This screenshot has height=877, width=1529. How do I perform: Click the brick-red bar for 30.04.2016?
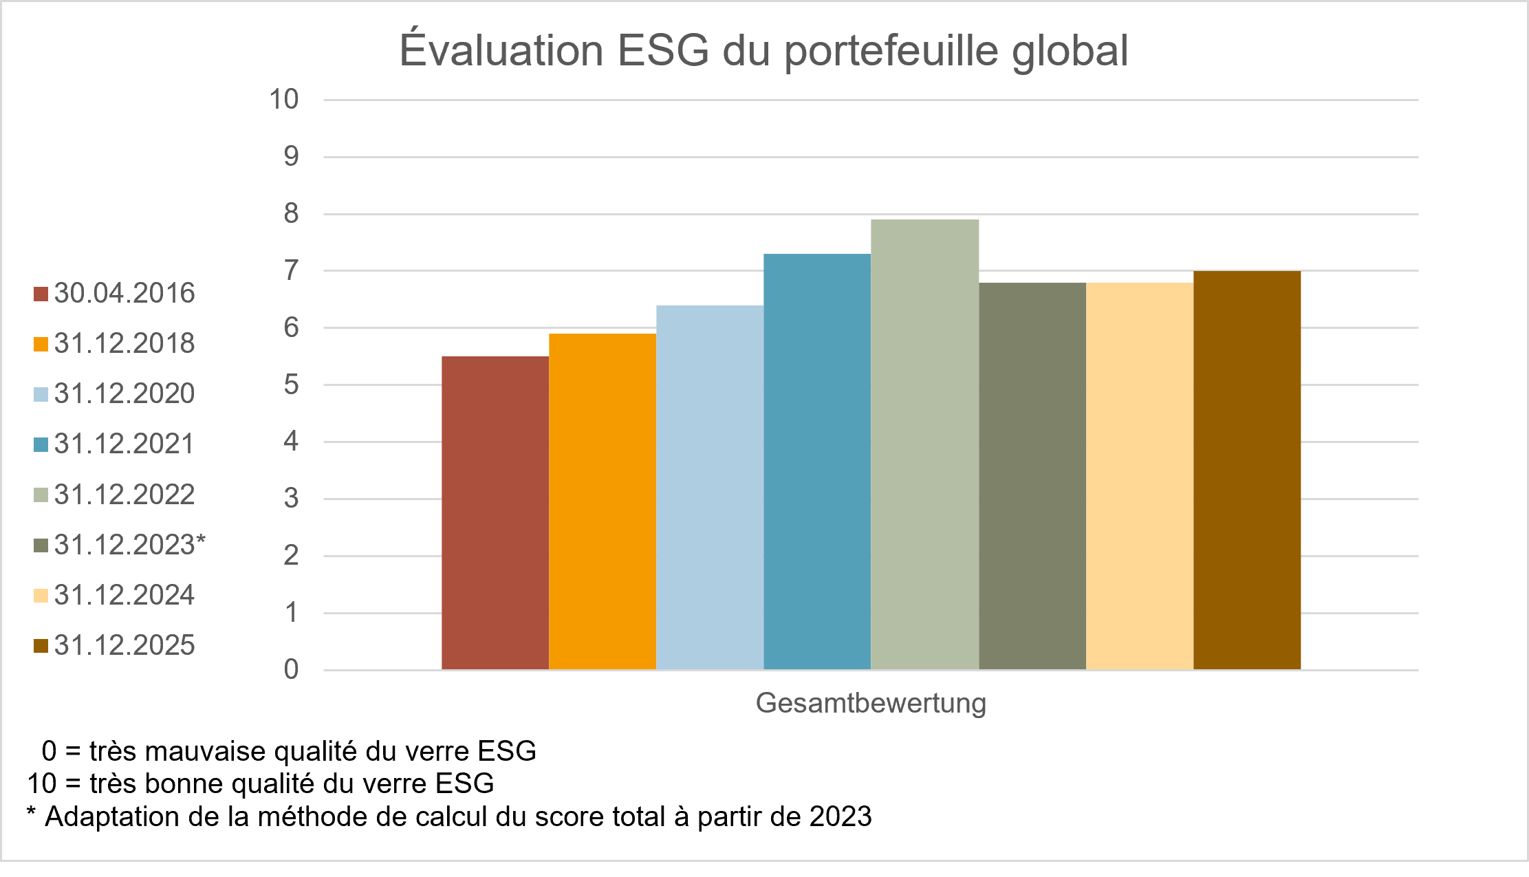(x=495, y=512)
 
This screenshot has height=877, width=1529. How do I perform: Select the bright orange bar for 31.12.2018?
(x=603, y=501)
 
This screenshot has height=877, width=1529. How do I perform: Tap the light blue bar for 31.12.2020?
(x=710, y=487)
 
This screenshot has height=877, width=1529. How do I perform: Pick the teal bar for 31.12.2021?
(x=817, y=462)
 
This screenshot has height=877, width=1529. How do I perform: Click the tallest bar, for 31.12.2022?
(x=924, y=444)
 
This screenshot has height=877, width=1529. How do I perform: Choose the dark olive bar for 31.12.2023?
(x=1032, y=476)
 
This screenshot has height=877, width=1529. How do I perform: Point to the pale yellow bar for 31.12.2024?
(x=1140, y=476)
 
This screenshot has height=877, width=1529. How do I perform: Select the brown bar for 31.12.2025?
(x=1247, y=470)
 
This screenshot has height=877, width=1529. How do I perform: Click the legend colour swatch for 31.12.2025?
(x=41, y=646)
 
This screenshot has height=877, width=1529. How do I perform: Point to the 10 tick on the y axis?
(x=284, y=100)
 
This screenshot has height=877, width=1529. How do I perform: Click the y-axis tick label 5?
(x=291, y=385)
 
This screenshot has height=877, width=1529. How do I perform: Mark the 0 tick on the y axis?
(x=291, y=669)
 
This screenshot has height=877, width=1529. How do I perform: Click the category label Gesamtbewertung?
(x=871, y=703)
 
